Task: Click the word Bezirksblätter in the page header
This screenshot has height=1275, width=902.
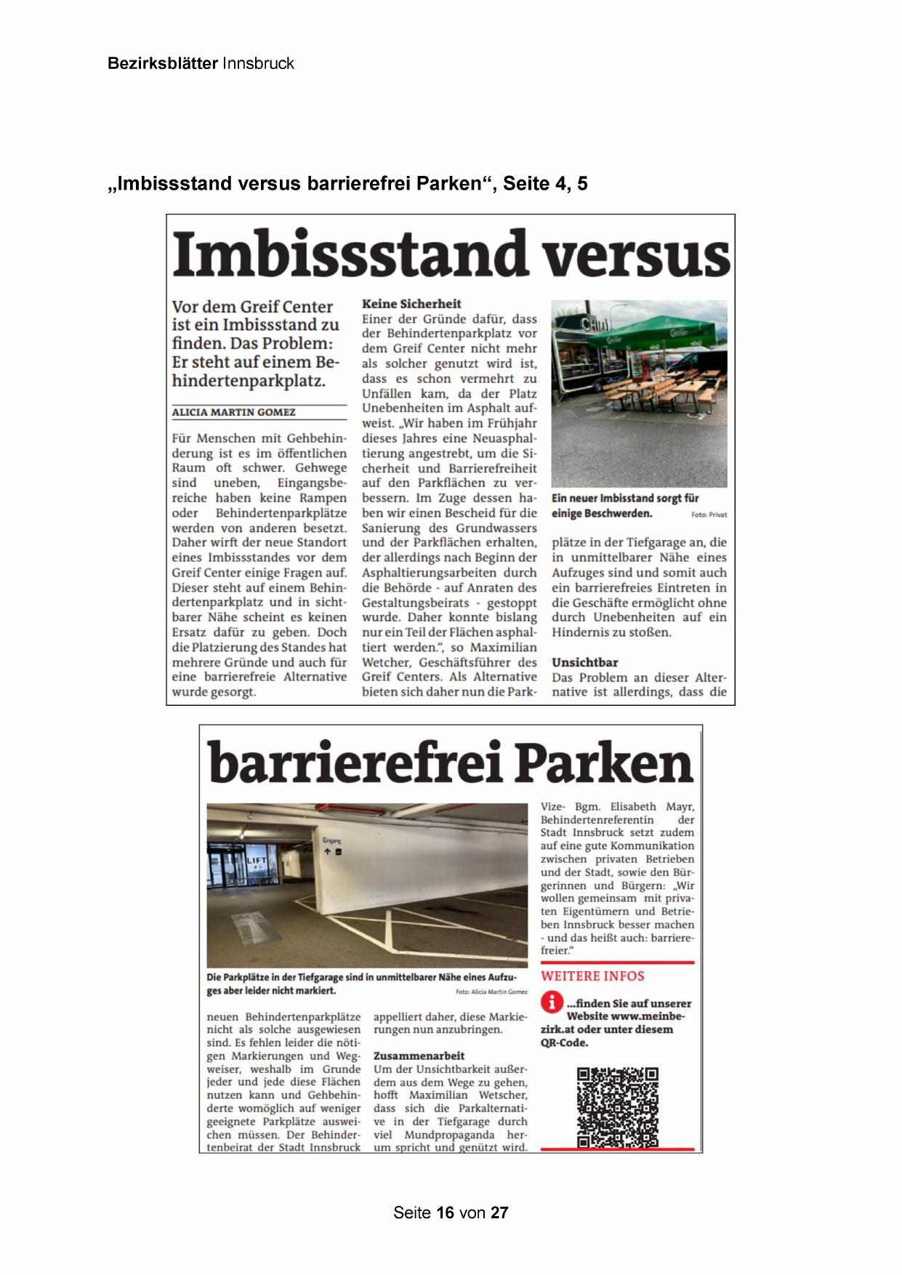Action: click(162, 63)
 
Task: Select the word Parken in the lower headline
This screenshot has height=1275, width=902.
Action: click(605, 763)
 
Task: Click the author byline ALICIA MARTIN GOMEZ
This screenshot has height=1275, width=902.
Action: click(233, 412)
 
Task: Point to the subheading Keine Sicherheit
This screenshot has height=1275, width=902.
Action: click(411, 304)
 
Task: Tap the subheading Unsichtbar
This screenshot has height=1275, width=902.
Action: click(584, 662)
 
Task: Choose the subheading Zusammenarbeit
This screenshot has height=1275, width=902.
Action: click(419, 1055)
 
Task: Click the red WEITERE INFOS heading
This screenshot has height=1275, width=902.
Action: click(592, 976)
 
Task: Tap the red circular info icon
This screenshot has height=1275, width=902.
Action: click(552, 1003)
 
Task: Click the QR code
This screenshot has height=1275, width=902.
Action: click(617, 1107)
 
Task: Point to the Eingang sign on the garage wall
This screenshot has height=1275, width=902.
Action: click(331, 841)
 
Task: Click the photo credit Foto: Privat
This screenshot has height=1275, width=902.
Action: click(709, 515)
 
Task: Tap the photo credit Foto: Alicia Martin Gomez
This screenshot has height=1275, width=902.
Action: click(491, 992)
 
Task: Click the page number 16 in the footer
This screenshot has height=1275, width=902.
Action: click(446, 1212)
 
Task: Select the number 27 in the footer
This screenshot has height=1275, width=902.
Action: click(499, 1212)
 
